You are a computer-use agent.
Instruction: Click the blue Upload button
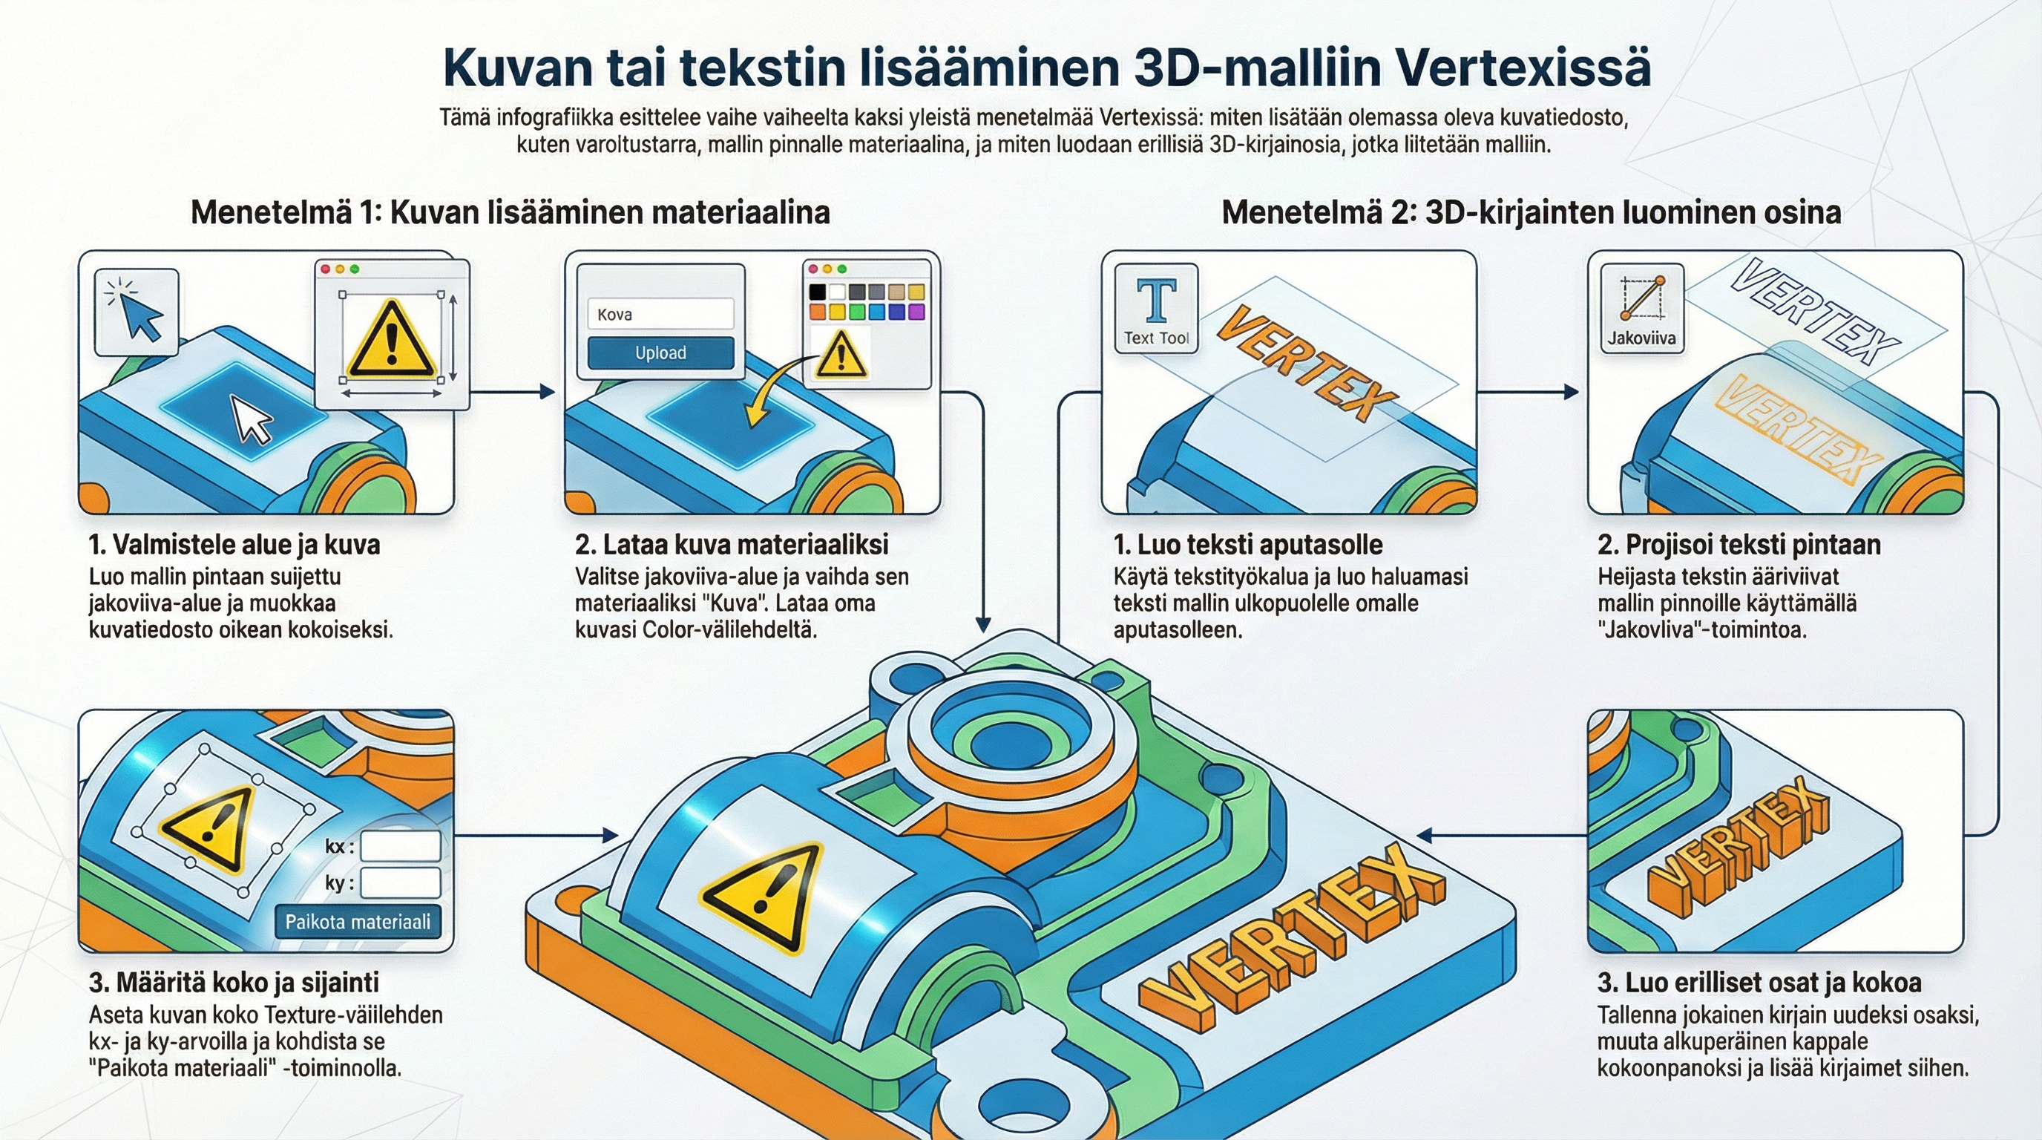click(660, 353)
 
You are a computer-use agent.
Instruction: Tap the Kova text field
click(660, 314)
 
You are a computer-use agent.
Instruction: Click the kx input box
click(401, 846)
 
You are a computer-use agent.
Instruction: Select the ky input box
click(401, 882)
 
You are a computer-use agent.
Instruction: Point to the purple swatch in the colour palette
click(916, 312)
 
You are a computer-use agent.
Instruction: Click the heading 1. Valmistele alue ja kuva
click(234, 545)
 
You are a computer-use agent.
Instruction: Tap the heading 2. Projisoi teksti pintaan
click(1739, 545)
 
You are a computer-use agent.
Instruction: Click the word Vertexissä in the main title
click(1522, 68)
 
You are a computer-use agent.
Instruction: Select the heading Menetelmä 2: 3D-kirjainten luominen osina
click(1531, 212)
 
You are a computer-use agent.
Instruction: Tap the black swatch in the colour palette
click(817, 292)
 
